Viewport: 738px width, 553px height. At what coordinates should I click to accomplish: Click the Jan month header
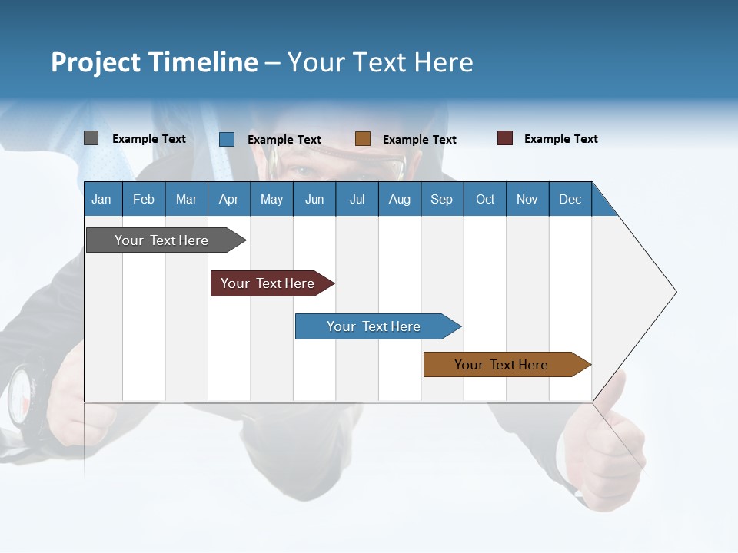(101, 199)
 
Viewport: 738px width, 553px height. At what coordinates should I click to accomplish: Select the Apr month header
(229, 199)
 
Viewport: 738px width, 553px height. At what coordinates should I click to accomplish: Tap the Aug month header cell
(400, 199)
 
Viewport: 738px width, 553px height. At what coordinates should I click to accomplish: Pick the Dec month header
(570, 199)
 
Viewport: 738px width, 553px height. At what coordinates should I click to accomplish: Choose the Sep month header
(442, 199)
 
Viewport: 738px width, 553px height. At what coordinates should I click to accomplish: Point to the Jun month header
(314, 199)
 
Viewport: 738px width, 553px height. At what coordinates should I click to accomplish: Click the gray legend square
(91, 138)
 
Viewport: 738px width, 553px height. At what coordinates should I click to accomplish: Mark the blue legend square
(227, 139)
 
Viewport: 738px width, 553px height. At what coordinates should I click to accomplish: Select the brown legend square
(363, 139)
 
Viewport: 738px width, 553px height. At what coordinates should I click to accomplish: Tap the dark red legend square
(505, 138)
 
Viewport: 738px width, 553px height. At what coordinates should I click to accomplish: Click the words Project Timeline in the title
(154, 62)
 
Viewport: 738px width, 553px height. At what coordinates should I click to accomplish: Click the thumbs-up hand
(607, 445)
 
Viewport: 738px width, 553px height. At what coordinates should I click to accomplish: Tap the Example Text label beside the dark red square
(560, 139)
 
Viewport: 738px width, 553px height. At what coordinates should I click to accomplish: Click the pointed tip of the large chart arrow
(674, 292)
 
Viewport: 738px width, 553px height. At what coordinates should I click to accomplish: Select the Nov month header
(527, 199)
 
